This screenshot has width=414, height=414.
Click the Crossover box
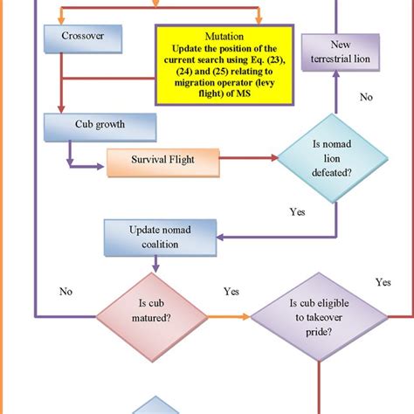[x=81, y=37]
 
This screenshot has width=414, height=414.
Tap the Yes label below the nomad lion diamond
[x=297, y=211]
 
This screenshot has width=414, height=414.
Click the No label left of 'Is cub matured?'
[x=66, y=290]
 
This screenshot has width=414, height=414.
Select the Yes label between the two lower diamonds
[x=231, y=291]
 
